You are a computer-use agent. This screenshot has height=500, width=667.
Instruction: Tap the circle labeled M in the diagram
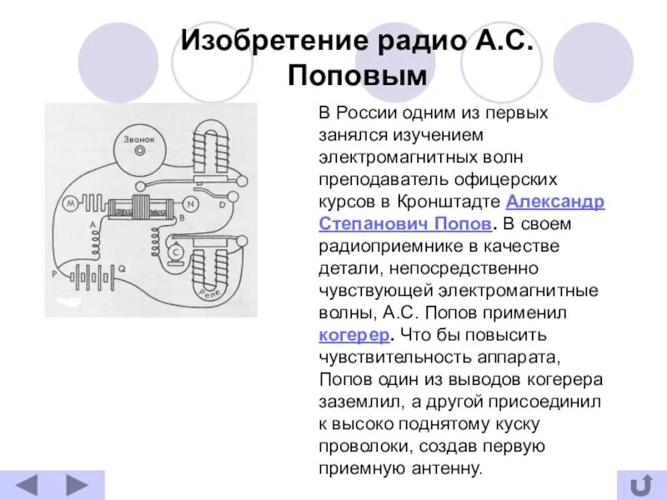(x=70, y=202)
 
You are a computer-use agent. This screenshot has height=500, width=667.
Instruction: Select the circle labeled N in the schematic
(x=191, y=203)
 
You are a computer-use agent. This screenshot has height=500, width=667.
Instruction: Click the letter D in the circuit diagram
(x=222, y=204)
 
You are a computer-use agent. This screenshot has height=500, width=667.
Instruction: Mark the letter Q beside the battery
(x=123, y=268)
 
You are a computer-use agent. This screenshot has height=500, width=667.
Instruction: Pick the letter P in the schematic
(x=54, y=272)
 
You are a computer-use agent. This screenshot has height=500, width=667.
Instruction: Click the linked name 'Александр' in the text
(x=556, y=202)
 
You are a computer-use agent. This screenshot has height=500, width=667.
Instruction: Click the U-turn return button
(x=640, y=485)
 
